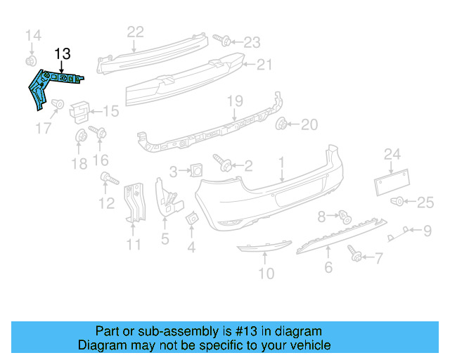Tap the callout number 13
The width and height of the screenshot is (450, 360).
tap(63, 53)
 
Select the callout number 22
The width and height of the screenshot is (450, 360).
tap(135, 31)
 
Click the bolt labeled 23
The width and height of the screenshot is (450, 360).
tap(221, 39)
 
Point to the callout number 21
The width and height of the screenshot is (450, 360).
tap(264, 65)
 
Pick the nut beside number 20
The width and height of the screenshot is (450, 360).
tap(282, 124)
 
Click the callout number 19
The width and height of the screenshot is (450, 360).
tap(233, 103)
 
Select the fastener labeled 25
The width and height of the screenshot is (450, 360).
tap(399, 202)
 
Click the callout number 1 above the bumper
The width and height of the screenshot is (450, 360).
tap(281, 162)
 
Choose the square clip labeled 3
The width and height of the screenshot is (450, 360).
tap(196, 169)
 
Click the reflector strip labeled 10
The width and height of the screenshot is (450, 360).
tap(262, 247)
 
